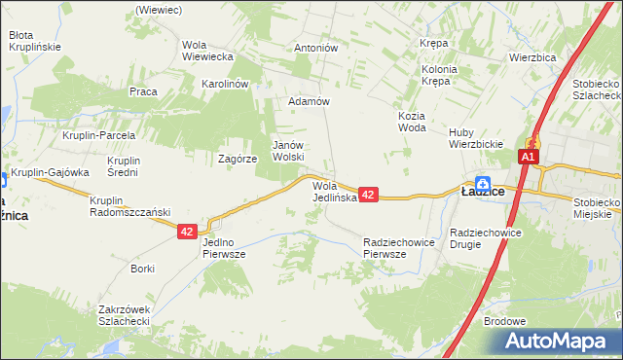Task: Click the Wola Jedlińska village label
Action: (x=336, y=191)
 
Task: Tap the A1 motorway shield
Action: (x=529, y=157)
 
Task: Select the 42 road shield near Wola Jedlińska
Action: (x=368, y=196)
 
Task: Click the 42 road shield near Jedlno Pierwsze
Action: (x=188, y=232)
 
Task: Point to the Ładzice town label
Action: (x=482, y=193)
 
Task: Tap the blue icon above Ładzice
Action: (x=483, y=179)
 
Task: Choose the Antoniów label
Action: (x=315, y=47)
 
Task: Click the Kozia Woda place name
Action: (x=413, y=122)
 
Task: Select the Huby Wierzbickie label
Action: (x=475, y=139)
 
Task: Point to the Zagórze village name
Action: (x=238, y=158)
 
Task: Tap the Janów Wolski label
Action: (x=288, y=150)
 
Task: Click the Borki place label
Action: (x=143, y=268)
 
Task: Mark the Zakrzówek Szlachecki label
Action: (x=124, y=315)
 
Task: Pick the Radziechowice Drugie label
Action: (x=487, y=238)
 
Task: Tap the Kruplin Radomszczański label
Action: (x=130, y=206)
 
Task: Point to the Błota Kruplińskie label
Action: (x=35, y=40)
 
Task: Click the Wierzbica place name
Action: (x=531, y=57)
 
